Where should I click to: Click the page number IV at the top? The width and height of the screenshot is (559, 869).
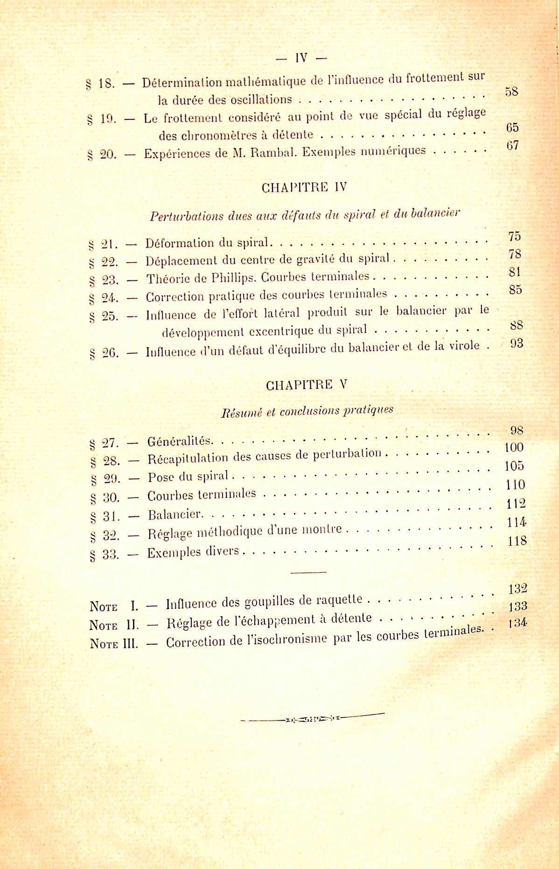pyautogui.click(x=301, y=58)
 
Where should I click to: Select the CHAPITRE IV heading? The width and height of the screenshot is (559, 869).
pyautogui.click(x=304, y=188)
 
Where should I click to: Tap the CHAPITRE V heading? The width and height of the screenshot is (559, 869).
pyautogui.click(x=307, y=385)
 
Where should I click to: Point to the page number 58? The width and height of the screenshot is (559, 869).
pyautogui.click(x=512, y=91)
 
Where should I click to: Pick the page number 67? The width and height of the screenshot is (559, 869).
pyautogui.click(x=512, y=146)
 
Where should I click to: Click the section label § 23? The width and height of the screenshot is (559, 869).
pyautogui.click(x=104, y=280)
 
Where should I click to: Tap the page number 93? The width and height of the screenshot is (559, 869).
pyautogui.click(x=517, y=344)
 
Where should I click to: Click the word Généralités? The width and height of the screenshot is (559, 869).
pyautogui.click(x=180, y=441)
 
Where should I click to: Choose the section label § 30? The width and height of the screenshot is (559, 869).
pyautogui.click(x=105, y=498)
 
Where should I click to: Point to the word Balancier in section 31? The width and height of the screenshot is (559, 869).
pyautogui.click(x=175, y=514)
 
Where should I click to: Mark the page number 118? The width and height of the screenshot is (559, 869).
pyautogui.click(x=517, y=541)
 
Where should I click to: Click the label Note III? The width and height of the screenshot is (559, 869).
pyautogui.click(x=114, y=644)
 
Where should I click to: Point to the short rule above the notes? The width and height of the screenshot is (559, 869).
pyautogui.click(x=308, y=572)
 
